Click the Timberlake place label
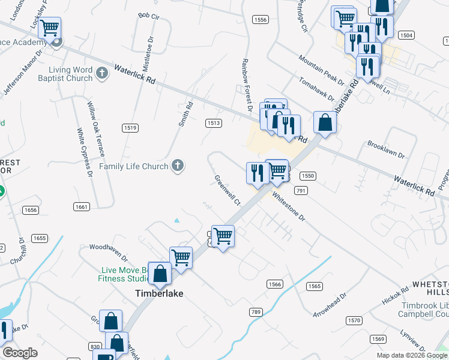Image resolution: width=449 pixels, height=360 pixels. (x=158, y=293)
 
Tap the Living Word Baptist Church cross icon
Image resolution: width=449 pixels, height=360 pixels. (x=102, y=73)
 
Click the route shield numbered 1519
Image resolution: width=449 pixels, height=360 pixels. (x=130, y=128)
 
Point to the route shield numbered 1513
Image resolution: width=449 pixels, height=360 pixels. (x=214, y=123)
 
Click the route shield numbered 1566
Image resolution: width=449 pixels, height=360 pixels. (x=275, y=284)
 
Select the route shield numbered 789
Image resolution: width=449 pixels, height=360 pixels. (x=256, y=312)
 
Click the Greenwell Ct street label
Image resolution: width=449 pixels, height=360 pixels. (x=228, y=190)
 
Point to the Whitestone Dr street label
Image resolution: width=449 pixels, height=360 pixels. (x=289, y=206)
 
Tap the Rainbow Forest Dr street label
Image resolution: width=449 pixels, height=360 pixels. (x=245, y=85)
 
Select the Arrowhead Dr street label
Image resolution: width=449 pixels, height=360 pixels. (x=330, y=304)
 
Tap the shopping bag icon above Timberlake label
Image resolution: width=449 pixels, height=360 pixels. (x=160, y=274)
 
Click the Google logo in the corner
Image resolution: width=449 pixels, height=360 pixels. (x=20, y=352)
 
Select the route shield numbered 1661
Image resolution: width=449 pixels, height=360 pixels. (x=82, y=206)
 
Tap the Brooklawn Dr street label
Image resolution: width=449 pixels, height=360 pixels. (x=386, y=150)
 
